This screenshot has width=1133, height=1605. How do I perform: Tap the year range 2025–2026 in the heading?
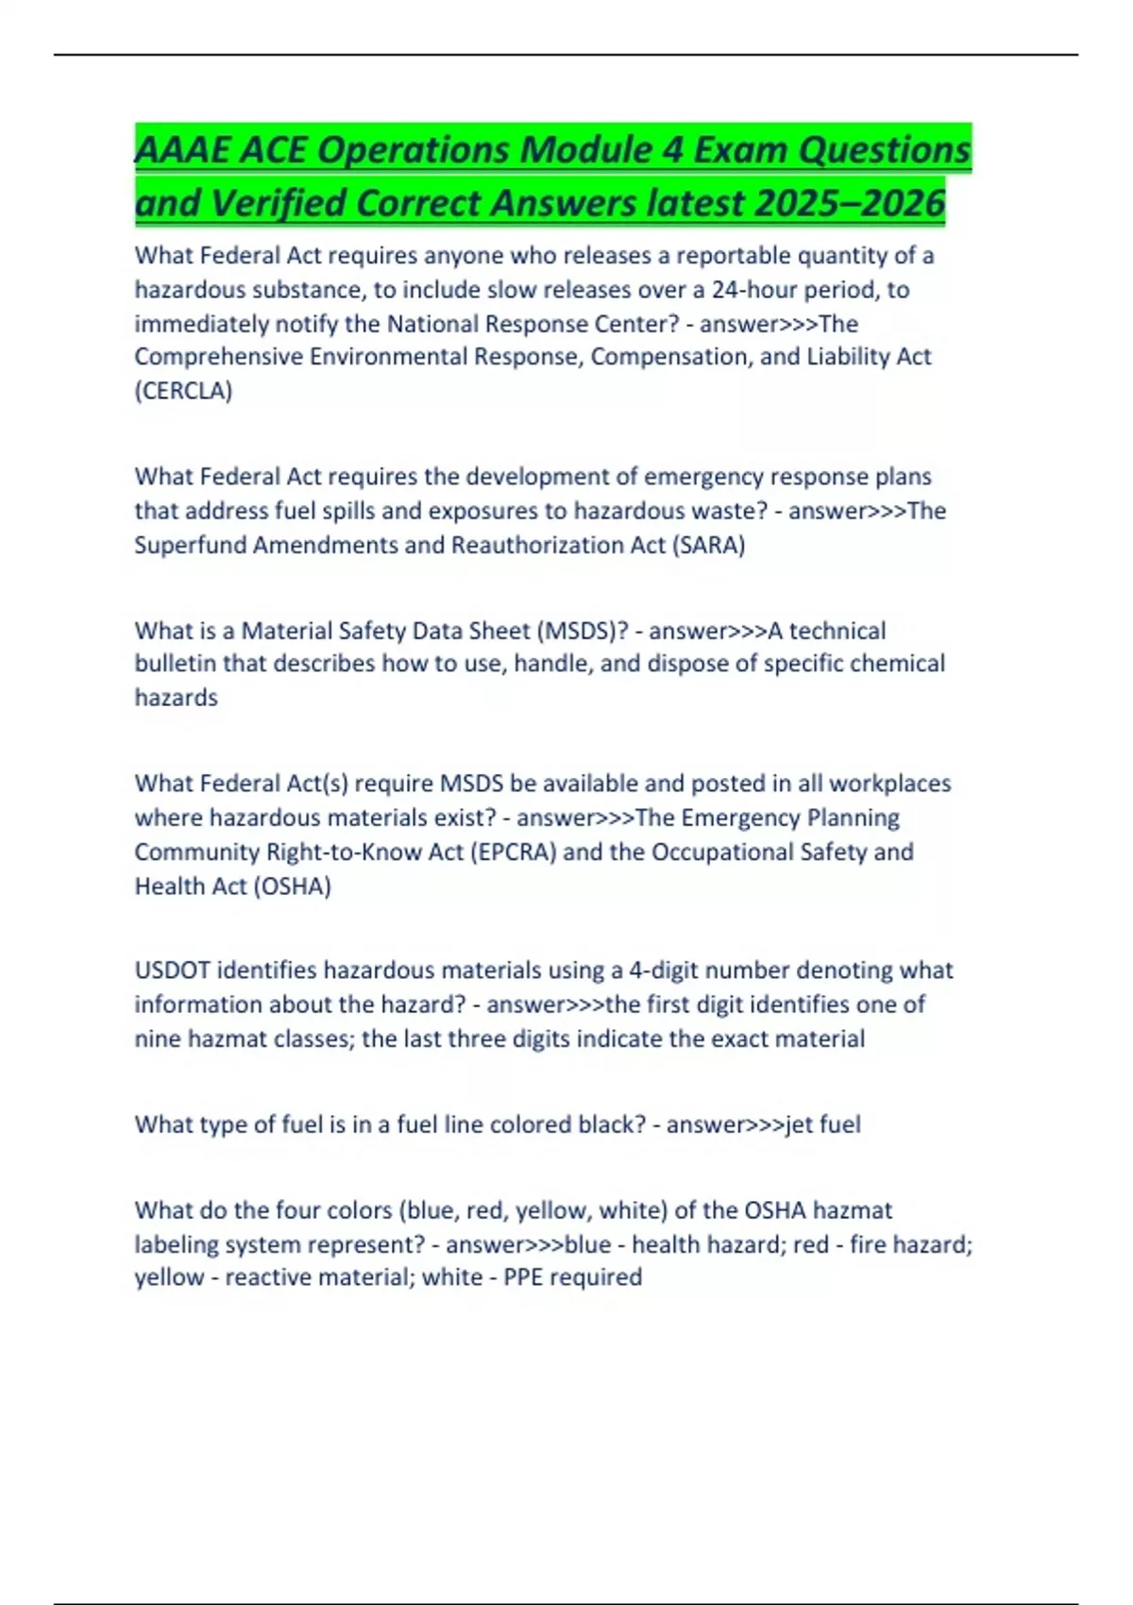pos(850,203)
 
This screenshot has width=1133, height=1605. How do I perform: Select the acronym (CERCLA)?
pos(183,391)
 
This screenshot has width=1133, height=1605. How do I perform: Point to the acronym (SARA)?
pos(708,545)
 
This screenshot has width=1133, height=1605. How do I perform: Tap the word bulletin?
pos(175,664)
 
